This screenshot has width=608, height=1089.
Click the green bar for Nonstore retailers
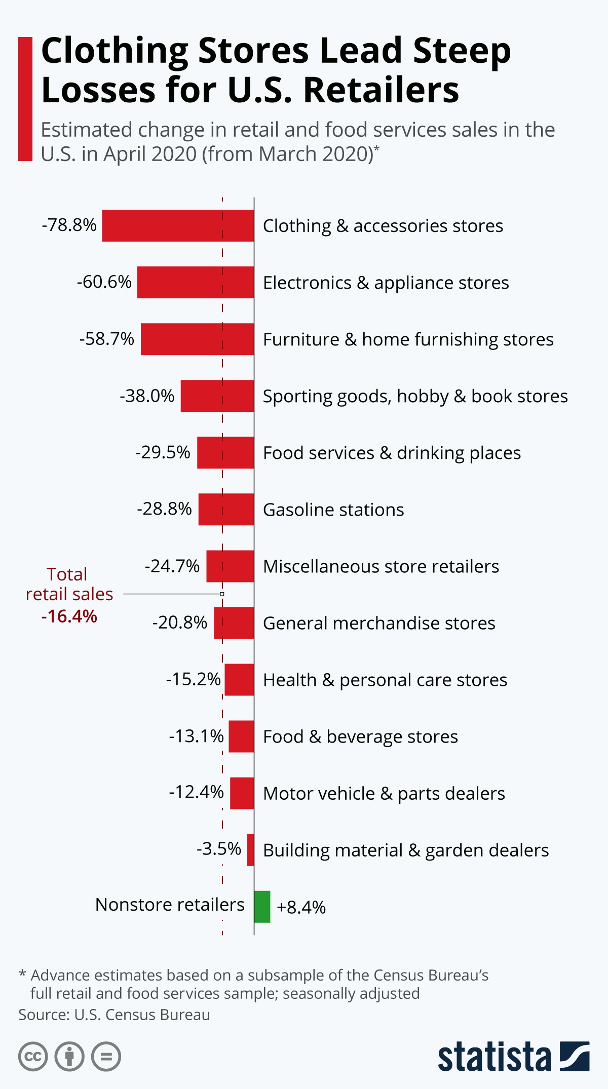click(262, 907)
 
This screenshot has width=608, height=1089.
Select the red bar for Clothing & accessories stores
click(178, 225)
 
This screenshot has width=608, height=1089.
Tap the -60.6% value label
click(104, 282)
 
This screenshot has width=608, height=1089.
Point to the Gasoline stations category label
click(333, 510)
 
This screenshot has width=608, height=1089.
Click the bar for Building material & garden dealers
click(250, 850)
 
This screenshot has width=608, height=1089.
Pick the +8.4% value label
click(301, 907)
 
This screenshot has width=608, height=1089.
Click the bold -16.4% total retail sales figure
click(69, 616)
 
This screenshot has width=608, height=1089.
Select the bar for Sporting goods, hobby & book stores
click(217, 396)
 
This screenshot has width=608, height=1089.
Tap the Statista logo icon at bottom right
click(575, 1056)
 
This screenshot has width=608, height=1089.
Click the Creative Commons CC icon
click(33, 1057)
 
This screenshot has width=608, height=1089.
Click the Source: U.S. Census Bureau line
click(114, 1015)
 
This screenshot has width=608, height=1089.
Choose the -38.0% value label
click(147, 396)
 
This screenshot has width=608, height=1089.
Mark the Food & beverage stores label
click(360, 736)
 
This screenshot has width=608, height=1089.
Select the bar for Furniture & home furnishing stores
click(197, 339)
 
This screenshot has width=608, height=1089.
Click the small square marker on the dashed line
click(222, 594)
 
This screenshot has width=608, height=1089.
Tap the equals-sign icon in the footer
click(106, 1057)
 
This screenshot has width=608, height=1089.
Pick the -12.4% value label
click(196, 792)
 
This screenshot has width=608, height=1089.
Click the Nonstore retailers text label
click(170, 905)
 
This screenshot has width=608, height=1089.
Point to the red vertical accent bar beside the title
click(25, 99)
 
